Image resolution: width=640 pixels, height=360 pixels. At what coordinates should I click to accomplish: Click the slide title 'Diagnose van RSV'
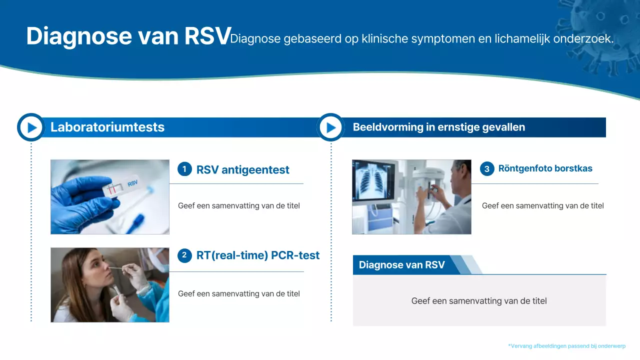128,36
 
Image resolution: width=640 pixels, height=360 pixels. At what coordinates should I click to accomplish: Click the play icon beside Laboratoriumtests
31,127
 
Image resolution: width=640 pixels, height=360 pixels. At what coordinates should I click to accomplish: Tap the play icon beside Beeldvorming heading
330,127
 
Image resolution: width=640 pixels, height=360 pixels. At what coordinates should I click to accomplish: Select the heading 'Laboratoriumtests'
107,127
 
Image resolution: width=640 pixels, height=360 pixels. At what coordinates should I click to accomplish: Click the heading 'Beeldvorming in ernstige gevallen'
438,127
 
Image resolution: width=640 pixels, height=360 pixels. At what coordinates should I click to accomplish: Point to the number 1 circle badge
184,169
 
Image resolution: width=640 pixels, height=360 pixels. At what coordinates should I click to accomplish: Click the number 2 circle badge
184,255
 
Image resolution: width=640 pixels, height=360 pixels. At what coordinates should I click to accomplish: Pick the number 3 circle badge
487,169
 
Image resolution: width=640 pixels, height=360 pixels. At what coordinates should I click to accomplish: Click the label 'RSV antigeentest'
242,170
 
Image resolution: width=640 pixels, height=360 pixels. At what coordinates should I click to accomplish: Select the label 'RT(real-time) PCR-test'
257,255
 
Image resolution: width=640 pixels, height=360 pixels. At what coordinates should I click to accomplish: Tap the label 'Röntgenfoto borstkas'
545,168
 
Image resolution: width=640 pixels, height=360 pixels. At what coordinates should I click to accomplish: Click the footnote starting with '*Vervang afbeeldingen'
566,346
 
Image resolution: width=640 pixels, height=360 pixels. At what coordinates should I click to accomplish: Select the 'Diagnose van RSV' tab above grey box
401,265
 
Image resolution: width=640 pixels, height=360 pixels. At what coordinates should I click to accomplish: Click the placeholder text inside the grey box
478,301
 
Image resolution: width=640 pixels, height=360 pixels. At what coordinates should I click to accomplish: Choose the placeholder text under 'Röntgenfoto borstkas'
542,205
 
